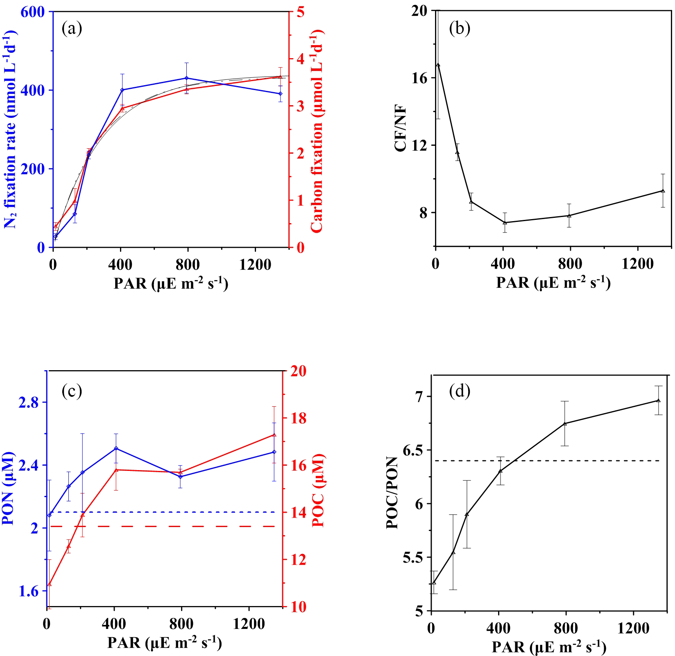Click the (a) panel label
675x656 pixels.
click(72, 29)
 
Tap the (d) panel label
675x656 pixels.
click(460, 391)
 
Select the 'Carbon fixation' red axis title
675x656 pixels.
click(317, 131)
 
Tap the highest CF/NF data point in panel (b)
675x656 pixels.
click(438, 65)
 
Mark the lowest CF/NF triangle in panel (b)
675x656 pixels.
click(505, 222)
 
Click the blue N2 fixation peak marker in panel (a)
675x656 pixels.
click(187, 78)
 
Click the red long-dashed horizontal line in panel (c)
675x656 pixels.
click(164, 526)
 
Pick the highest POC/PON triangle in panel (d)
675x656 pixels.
click(658, 400)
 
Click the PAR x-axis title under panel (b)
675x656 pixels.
click(553, 283)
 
